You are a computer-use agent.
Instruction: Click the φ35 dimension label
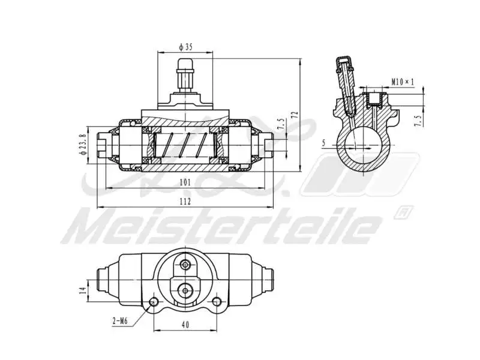pos(185,46)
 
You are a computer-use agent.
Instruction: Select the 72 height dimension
pos(295,115)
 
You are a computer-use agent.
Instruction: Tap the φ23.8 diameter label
pos(83,143)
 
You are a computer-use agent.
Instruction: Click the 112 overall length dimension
pos(185,202)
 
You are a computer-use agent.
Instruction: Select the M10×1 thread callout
pos(403,80)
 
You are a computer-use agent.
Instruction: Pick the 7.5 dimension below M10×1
pos(418,119)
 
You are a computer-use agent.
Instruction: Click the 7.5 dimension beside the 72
pos(280,124)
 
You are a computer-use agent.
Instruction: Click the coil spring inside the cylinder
pos(185,144)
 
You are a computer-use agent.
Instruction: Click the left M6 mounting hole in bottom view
pos(155,301)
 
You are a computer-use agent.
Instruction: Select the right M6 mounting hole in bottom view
pos(215,301)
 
